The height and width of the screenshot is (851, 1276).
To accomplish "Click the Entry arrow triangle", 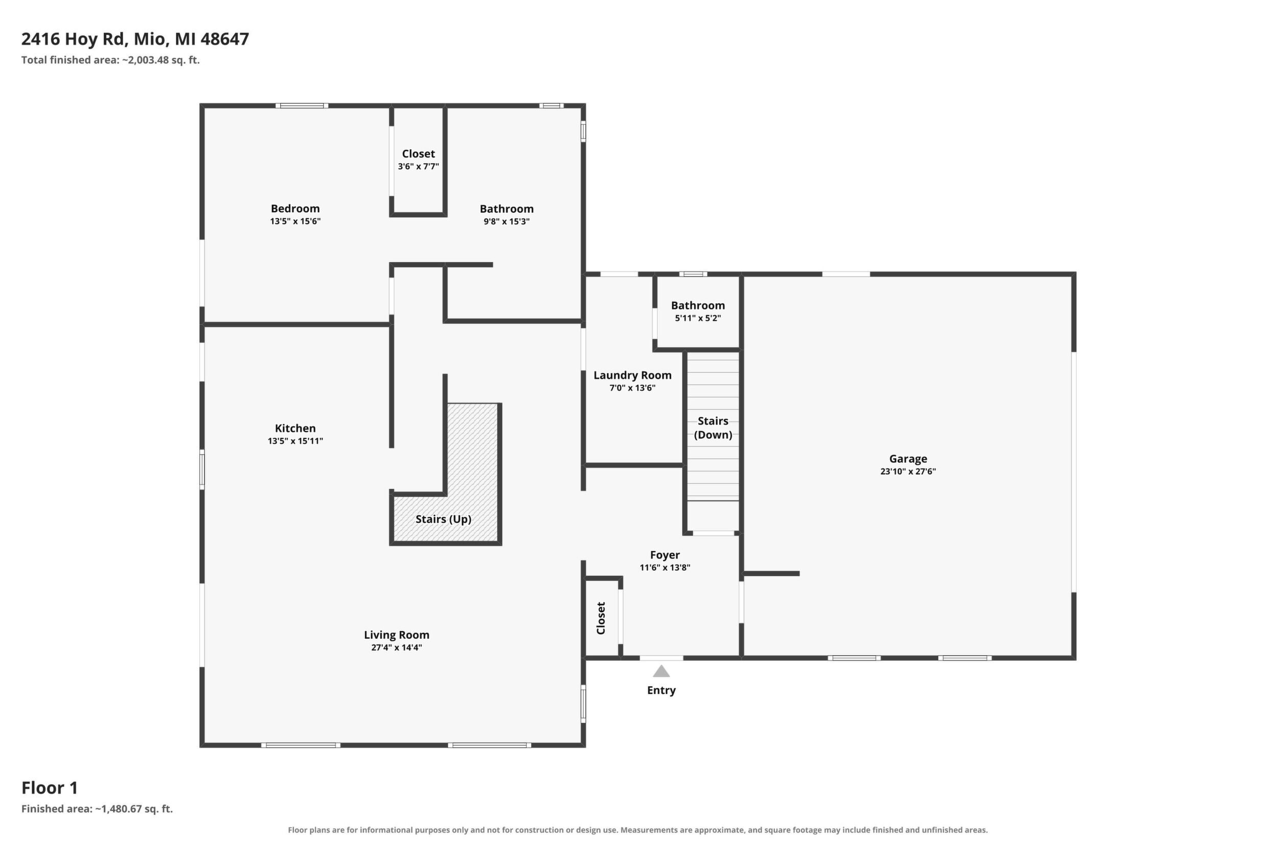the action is (661, 672).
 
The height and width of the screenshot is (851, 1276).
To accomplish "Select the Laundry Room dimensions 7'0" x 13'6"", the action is (632, 388).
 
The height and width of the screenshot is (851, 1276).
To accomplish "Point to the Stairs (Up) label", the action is (443, 520).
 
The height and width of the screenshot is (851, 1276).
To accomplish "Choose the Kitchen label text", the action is (295, 428).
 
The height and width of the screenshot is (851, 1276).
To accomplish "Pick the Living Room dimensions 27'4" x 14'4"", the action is (397, 647).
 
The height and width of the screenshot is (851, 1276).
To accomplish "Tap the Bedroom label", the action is (295, 209).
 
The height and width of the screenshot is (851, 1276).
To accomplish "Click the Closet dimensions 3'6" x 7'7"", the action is (418, 167).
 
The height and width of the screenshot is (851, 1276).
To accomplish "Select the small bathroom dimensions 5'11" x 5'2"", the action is (698, 318).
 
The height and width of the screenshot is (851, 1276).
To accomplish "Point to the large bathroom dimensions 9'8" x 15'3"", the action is (507, 221).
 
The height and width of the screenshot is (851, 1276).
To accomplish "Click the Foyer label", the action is (665, 555).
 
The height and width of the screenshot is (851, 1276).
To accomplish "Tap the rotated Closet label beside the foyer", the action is (601, 618).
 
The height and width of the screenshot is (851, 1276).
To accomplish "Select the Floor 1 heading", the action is (50, 788).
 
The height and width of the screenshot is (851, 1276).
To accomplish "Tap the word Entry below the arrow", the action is (662, 690).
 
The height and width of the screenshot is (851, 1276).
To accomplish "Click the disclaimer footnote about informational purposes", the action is (637, 830).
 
